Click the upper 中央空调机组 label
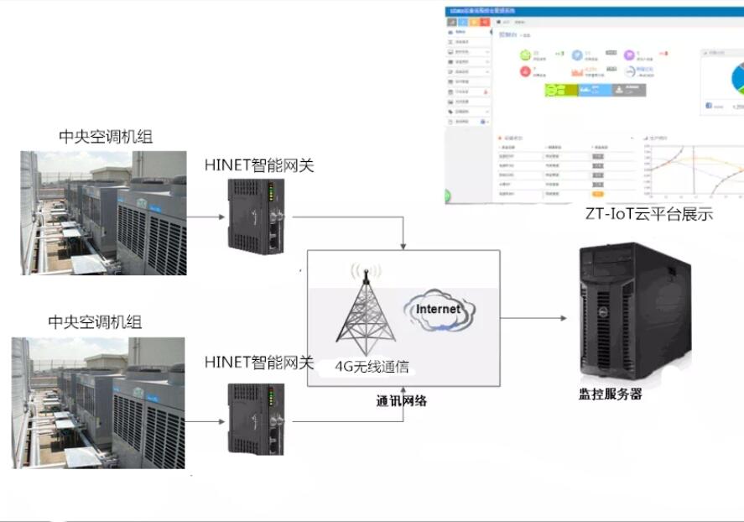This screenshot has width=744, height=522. (x=106, y=137)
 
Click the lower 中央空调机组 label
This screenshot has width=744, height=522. (x=95, y=322)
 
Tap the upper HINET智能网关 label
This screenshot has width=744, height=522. (x=259, y=165)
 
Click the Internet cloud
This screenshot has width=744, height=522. (x=439, y=311)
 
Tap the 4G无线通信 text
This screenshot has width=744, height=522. (x=372, y=367)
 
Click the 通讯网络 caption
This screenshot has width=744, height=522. (x=401, y=401)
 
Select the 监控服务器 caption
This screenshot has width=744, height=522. (x=610, y=394)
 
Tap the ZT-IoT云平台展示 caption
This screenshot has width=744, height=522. (x=648, y=214)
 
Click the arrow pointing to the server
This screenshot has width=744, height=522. (x=533, y=318)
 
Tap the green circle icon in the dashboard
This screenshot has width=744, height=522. (x=524, y=55)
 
